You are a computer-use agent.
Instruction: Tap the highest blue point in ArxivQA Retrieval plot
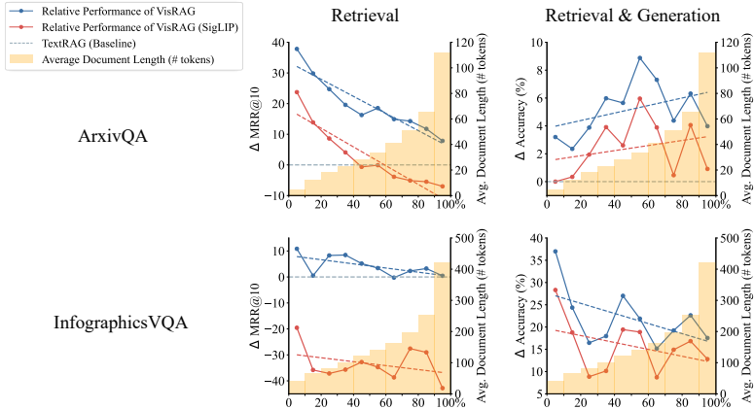(297, 49)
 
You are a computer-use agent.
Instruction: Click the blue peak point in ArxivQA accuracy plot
(639, 58)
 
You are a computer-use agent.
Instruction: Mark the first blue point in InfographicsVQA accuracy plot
(555, 252)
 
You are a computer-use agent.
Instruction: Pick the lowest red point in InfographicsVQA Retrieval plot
(442, 389)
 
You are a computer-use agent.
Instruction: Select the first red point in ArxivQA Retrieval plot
(297, 92)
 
